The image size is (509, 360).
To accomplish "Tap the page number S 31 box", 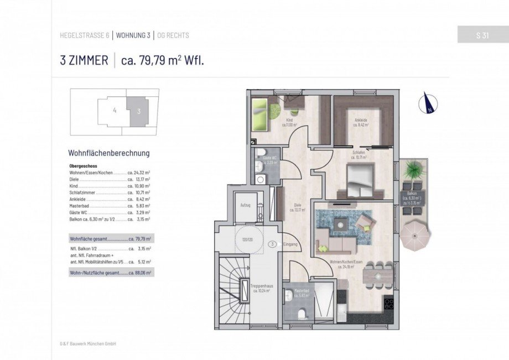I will pos(480,35).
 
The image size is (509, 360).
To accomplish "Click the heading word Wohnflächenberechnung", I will pos(108,153).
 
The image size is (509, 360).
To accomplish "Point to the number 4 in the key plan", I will pos(115,111).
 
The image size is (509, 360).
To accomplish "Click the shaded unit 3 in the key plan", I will pos(138,111).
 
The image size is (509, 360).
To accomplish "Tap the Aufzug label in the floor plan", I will pos(246,205).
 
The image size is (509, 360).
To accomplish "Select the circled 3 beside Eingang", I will pos(272,243).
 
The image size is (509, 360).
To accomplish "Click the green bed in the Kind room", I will pos(259,115).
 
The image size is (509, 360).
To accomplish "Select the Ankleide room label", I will pos(361,121).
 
